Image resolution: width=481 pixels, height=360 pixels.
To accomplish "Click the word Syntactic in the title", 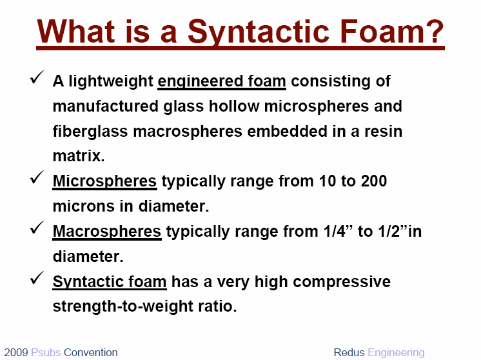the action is point(259,32).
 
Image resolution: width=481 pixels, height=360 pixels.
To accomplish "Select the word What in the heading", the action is point(76,31).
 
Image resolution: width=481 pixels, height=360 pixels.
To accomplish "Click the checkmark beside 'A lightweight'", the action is point(37,77).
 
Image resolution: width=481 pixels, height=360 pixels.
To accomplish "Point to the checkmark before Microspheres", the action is point(37,177).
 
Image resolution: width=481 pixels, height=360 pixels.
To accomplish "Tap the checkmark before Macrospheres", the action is point(37,227).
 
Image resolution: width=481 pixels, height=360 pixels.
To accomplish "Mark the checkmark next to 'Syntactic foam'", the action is point(37,278).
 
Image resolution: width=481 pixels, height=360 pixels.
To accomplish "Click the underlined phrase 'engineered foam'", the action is point(222,82).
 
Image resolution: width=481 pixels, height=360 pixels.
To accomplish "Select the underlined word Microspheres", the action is point(104,181).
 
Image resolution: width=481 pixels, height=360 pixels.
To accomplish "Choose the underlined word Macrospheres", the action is point(107,232).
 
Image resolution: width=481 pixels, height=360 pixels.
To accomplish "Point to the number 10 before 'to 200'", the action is point(328,181).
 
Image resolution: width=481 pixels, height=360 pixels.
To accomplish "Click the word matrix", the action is point(79,156).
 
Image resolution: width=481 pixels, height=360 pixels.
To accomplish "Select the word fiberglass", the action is point(90,132).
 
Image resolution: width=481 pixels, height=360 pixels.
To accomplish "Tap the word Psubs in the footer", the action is point(46,352).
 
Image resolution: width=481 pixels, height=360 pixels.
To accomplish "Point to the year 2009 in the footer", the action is point(16,352).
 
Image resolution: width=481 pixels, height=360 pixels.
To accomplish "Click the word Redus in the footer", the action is point(349,352).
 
